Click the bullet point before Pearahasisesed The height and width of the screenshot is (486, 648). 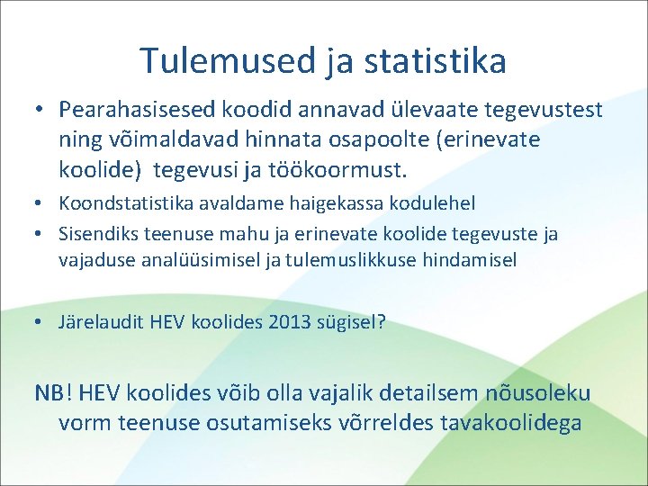(x=40, y=110)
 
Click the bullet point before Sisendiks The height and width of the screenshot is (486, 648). (x=40, y=234)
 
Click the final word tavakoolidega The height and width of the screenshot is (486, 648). (x=510, y=423)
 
